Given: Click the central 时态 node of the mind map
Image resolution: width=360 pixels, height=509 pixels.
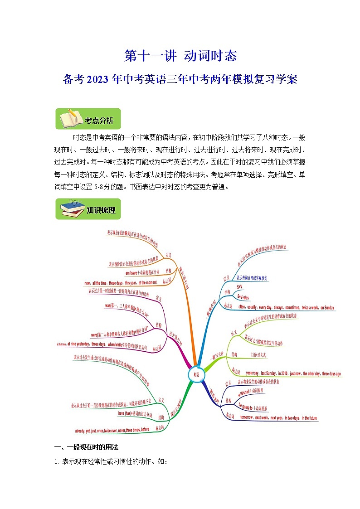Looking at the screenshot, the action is coord(196,374).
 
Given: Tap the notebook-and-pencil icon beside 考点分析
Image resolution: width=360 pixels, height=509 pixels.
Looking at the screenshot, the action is coord(69,119).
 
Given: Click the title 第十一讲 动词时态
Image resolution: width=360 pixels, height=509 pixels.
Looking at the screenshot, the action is coord(180,56).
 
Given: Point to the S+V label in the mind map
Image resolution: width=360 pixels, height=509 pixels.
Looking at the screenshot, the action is coord(240,287).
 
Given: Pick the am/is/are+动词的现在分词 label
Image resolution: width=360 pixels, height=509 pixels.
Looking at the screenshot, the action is coord(143,272).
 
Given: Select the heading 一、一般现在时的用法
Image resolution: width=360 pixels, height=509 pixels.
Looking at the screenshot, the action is coord(86,447).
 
